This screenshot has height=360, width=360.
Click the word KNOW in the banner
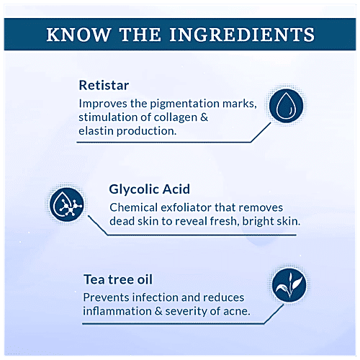click(x=78, y=35)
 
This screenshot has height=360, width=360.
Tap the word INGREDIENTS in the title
click(x=242, y=35)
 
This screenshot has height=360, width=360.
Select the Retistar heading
click(x=104, y=86)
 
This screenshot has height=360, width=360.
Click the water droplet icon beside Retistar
click(x=286, y=106)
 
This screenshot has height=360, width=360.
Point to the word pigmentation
click(x=185, y=104)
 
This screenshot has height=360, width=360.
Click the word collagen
click(x=176, y=118)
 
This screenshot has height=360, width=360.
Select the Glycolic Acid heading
click(x=149, y=189)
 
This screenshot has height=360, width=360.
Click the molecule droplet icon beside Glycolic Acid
click(x=67, y=204)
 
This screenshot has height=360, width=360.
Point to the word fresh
click(x=225, y=221)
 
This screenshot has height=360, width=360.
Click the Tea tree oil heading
click(x=118, y=279)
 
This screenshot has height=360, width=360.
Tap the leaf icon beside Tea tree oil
click(x=289, y=285)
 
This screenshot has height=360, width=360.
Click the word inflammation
click(x=117, y=311)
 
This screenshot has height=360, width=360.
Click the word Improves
click(x=103, y=104)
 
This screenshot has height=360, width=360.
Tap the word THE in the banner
click(x=140, y=35)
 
